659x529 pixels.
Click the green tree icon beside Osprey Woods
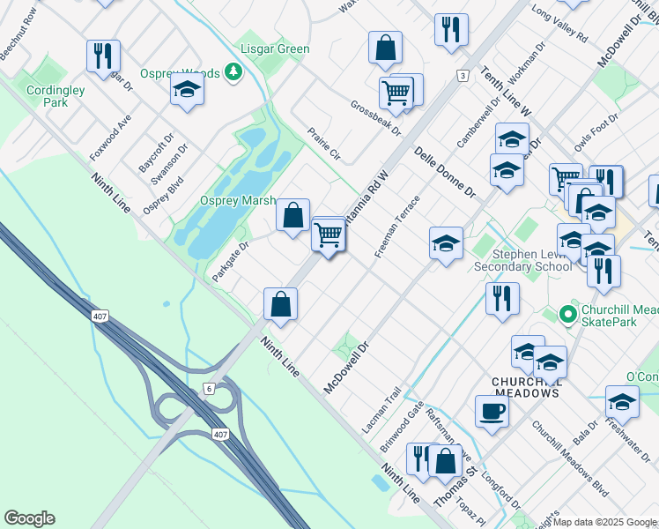[233, 71]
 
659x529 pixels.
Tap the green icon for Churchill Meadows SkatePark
[570, 313]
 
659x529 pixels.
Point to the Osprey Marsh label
[238, 200]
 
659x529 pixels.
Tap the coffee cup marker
[492, 410]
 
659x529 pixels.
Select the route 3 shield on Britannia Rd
[462, 77]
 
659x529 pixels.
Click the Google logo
[29, 518]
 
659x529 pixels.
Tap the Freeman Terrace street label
[396, 227]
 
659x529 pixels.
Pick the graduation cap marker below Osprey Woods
[187, 89]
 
